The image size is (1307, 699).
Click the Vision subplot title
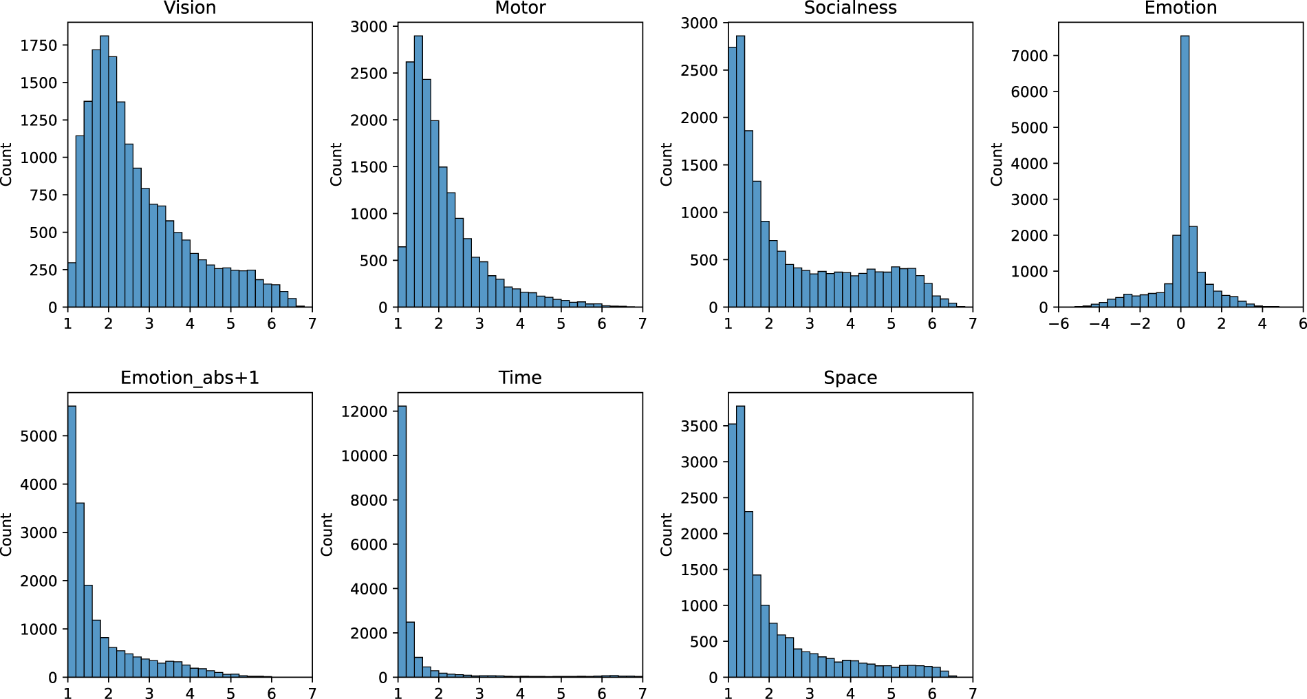(x=190, y=8)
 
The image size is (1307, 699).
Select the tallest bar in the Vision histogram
(x=105, y=172)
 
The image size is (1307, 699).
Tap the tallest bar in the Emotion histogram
(x=1185, y=172)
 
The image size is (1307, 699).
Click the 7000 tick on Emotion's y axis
(x=1030, y=56)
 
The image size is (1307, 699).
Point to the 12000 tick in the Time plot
(x=365, y=411)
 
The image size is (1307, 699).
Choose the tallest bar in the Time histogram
(x=402, y=544)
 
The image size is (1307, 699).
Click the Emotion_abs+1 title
(x=190, y=378)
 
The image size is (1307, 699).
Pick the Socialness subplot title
(x=850, y=8)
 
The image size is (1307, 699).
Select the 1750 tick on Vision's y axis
(x=39, y=45)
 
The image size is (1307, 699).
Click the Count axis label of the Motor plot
(x=336, y=164)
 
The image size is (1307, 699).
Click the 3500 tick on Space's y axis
(x=699, y=426)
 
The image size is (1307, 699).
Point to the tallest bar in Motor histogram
(x=418, y=172)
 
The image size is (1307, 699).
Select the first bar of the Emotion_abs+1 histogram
(x=72, y=544)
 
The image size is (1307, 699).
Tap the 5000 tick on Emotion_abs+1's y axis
(x=39, y=436)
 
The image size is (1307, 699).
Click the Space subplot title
(x=850, y=378)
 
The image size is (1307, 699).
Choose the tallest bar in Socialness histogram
(x=741, y=172)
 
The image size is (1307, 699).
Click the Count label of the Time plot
(x=327, y=535)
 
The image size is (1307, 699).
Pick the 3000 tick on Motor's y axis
(x=369, y=27)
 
